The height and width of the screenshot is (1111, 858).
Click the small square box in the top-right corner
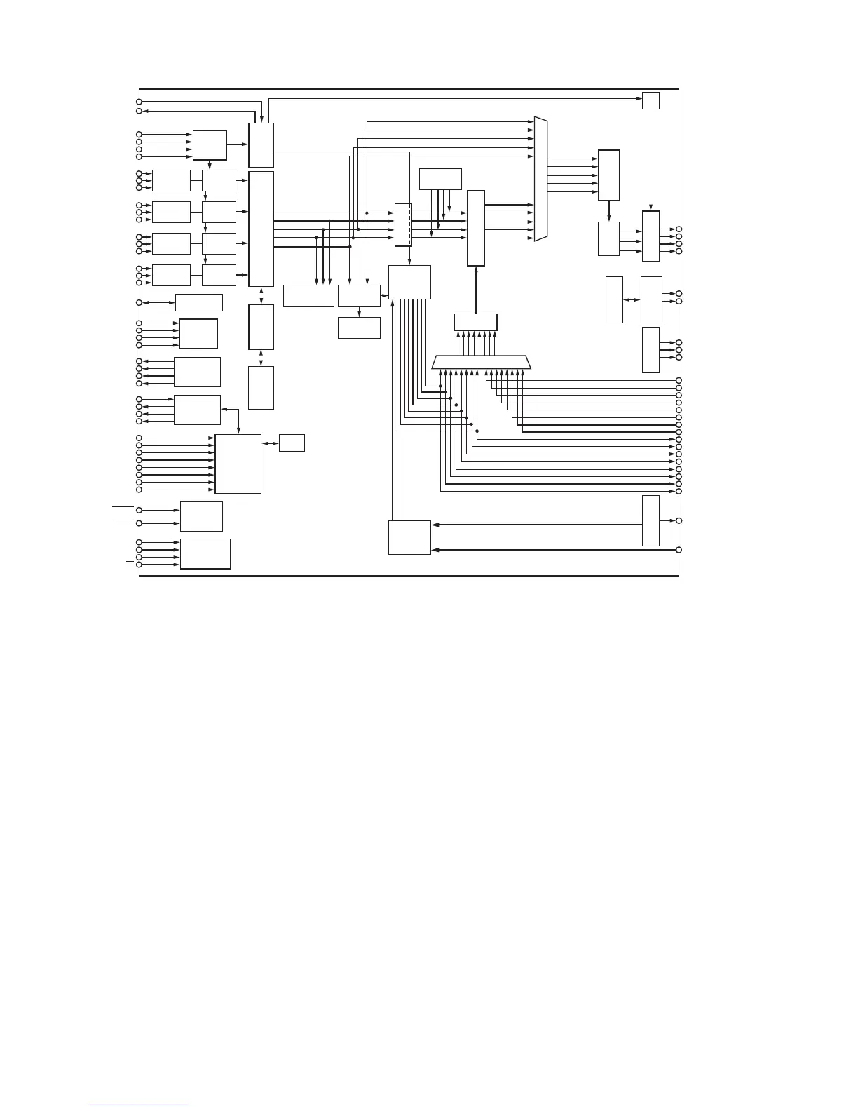click(651, 101)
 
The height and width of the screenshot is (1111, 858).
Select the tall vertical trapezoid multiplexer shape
click(540, 179)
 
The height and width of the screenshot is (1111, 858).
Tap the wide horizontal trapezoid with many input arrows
click(482, 363)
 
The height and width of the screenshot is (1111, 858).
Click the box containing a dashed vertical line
click(403, 225)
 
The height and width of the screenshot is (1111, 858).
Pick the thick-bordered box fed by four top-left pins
click(210, 145)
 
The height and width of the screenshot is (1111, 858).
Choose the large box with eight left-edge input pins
click(238, 464)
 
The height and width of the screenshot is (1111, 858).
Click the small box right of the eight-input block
click(292, 443)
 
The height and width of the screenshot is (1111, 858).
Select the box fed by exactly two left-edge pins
click(201, 516)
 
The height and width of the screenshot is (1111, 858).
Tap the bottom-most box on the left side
click(205, 553)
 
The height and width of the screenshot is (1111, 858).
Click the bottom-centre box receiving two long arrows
click(409, 537)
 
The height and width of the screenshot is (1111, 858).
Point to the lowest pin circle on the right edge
click(679, 549)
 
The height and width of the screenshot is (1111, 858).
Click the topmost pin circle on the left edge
click(139, 102)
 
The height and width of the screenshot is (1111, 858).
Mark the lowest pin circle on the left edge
click(139, 565)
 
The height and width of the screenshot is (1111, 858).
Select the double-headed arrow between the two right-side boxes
click(632, 299)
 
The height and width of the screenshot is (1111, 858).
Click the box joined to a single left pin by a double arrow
click(198, 302)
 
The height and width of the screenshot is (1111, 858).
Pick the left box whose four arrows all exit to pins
click(197, 372)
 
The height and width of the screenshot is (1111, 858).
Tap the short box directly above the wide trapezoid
click(475, 322)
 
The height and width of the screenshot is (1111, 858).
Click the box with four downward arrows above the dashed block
click(440, 179)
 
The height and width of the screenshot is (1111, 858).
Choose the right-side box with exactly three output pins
click(651, 349)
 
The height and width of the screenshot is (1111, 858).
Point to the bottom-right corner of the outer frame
click(679, 576)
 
